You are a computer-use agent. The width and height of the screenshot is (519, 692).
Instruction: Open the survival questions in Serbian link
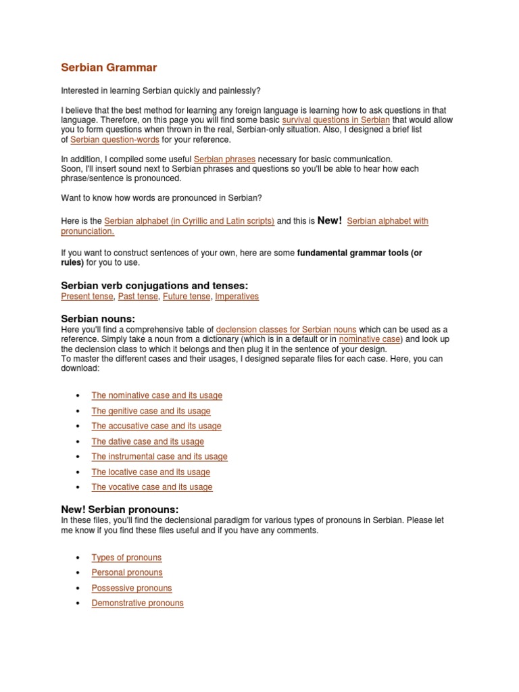point(335,120)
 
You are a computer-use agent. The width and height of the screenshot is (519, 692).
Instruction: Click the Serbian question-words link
point(115,139)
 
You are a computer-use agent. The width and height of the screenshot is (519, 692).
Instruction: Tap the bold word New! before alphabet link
point(329,221)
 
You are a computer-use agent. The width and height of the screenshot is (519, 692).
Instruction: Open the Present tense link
point(87,296)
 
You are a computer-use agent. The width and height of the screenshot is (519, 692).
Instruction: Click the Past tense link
point(138,296)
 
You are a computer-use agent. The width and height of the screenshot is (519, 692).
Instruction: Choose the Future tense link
point(186,296)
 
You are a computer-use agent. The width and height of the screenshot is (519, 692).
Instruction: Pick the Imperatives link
point(237,296)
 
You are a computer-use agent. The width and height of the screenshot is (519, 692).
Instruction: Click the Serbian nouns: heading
point(98,318)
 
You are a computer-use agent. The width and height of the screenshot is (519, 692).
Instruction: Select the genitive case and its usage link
point(151,411)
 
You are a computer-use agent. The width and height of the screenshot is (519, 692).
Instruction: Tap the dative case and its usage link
point(147,441)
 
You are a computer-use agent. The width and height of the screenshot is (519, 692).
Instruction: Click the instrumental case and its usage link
point(159,457)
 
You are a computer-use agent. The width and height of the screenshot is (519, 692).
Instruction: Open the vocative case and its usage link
point(152,487)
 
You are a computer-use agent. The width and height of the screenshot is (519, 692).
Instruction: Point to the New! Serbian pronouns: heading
point(120,510)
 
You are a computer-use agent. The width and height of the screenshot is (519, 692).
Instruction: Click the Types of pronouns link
point(126,558)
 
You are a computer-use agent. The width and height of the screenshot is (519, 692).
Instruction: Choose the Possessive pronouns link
point(132,588)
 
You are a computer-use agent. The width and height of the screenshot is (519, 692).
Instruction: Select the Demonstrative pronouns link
point(137,603)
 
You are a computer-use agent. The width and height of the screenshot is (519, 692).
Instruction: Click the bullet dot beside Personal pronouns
point(78,573)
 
